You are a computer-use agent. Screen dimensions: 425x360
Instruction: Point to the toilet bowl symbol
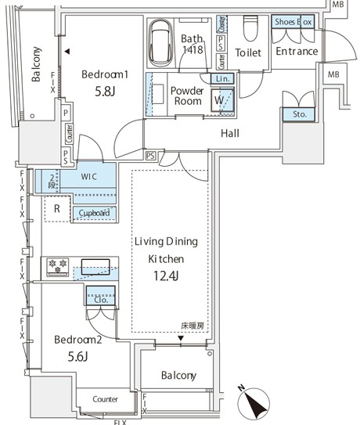(x=250, y=30)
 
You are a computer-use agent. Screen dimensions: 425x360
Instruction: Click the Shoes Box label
(x=292, y=22)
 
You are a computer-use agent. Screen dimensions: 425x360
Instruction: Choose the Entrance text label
(x=297, y=52)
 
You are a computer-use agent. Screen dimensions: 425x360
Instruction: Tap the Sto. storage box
(x=299, y=114)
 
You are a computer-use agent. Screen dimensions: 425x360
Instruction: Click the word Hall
(x=230, y=134)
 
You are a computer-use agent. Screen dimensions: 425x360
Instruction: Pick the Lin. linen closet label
(x=221, y=79)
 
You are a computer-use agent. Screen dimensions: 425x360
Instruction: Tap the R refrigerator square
(x=56, y=208)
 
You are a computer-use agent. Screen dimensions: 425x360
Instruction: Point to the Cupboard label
(x=92, y=214)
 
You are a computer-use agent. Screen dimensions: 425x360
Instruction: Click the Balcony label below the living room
(x=178, y=376)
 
